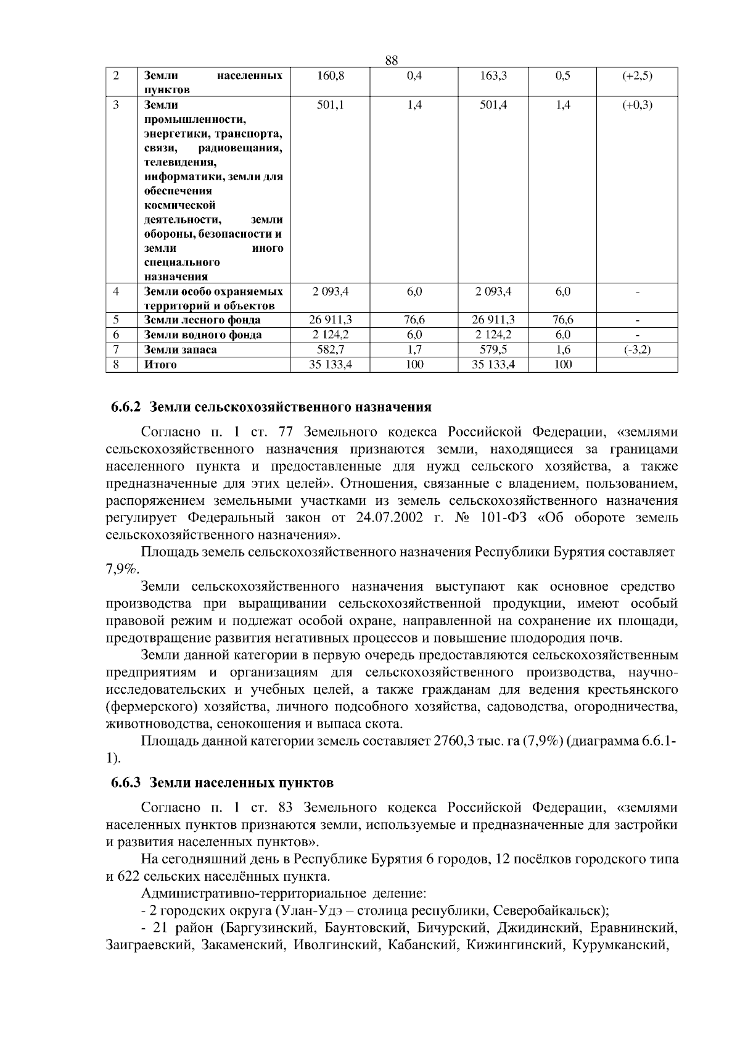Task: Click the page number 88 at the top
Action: [x=391, y=60]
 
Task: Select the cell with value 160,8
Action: [x=330, y=76]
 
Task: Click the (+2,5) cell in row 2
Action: [x=637, y=76]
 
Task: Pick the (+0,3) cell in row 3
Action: [x=637, y=105]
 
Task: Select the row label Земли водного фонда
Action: [x=202, y=335]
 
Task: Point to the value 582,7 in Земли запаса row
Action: [x=330, y=349]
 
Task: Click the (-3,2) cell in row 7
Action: [x=637, y=349]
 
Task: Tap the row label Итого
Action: [x=160, y=364]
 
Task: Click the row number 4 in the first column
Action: [x=116, y=291]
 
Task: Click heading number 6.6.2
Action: [x=126, y=407]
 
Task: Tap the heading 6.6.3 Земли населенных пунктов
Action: [x=222, y=783]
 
